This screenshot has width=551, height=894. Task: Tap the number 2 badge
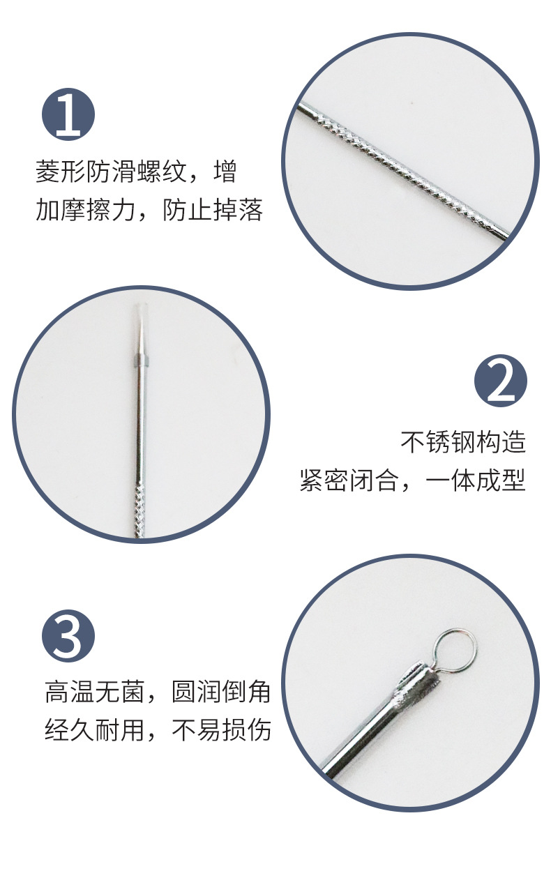[500, 381]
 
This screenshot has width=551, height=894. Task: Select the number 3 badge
[68, 635]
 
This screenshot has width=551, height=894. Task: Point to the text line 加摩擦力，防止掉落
[149, 210]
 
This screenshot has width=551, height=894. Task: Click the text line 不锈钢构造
[463, 441]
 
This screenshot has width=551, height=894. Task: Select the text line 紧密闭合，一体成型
[412, 480]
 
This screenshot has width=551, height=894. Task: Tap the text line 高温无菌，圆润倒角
[158, 692]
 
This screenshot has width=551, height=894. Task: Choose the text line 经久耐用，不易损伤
[158, 730]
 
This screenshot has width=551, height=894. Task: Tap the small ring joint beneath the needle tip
[140, 361]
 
